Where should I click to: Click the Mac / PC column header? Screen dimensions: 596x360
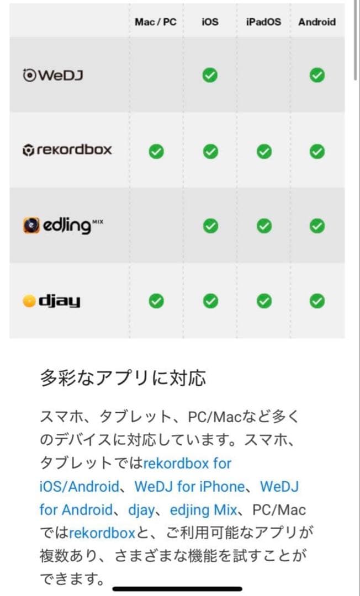(x=156, y=22)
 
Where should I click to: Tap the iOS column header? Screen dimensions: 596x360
(x=210, y=22)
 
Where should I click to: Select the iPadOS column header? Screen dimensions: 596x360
(x=263, y=22)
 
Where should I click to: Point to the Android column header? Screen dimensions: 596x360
(x=317, y=22)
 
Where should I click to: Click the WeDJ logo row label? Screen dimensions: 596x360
(x=53, y=75)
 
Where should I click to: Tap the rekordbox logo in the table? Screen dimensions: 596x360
(x=67, y=150)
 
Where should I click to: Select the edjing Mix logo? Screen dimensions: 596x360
(x=63, y=226)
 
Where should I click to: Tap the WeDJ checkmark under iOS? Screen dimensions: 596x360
(x=210, y=75)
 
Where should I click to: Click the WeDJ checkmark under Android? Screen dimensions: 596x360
(x=317, y=75)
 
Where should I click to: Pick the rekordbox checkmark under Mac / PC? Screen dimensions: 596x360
(x=156, y=151)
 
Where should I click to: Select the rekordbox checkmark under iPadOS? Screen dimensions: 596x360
(x=264, y=151)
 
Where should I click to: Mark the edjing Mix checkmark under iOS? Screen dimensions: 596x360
(x=210, y=226)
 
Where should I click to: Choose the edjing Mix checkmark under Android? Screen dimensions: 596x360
(x=317, y=226)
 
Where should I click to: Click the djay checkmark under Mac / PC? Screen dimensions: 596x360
(x=156, y=301)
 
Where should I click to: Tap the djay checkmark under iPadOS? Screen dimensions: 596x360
(x=264, y=301)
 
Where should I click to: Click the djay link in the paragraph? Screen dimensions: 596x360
(x=141, y=510)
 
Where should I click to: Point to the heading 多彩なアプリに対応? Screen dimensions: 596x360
(x=123, y=379)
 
